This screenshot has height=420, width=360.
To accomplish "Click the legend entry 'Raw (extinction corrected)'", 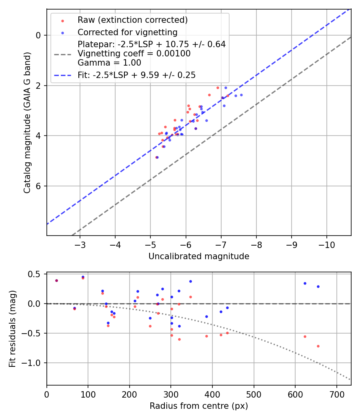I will click(x=132, y=20).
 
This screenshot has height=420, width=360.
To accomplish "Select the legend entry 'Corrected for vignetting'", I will click(x=128, y=32).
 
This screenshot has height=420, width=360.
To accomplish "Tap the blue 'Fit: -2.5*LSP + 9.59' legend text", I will click(x=136, y=75).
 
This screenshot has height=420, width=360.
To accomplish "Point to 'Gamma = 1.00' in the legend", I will click(x=109, y=63).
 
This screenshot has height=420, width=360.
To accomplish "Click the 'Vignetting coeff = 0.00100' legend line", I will click(x=134, y=54).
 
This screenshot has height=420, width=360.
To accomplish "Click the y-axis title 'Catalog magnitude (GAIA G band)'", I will click(x=27, y=122).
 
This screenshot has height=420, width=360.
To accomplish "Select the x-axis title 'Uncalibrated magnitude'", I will click(x=199, y=256).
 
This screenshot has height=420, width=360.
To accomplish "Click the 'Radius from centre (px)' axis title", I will click(x=199, y=406).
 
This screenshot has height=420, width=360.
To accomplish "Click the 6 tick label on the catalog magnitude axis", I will click(x=39, y=186).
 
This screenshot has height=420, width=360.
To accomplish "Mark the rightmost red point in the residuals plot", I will click(x=318, y=346).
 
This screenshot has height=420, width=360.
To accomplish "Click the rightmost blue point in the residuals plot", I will click(x=318, y=286).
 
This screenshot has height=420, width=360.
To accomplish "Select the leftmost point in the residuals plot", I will click(x=56, y=280).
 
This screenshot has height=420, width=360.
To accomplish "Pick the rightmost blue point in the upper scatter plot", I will click(x=241, y=95).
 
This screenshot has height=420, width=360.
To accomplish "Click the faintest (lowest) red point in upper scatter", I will click(x=156, y=157).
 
